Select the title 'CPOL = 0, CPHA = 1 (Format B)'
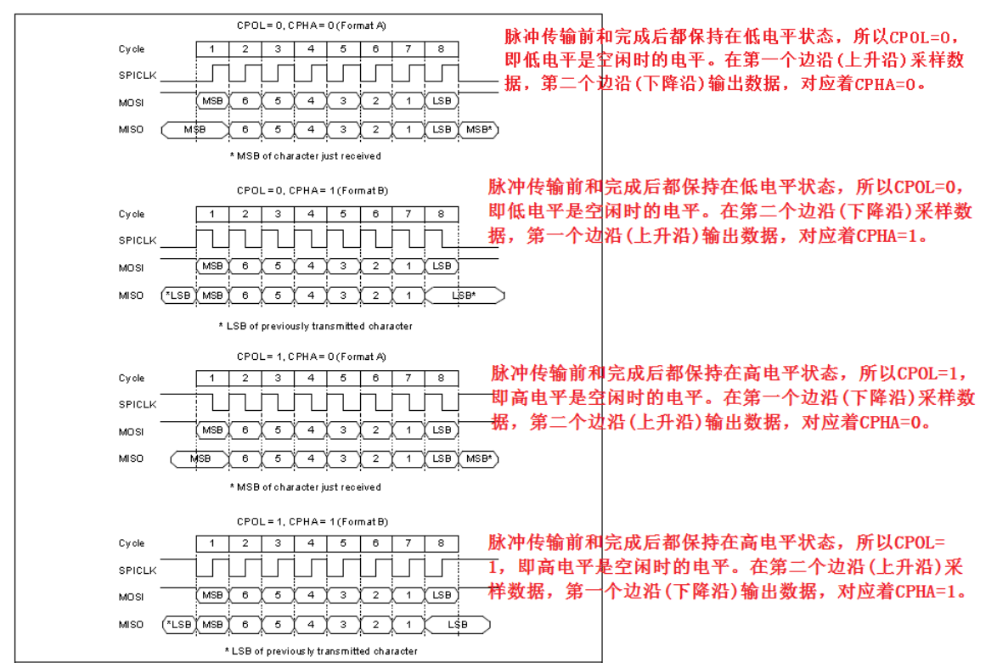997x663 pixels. point(313,190)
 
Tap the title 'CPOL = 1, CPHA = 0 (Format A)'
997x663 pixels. point(312,357)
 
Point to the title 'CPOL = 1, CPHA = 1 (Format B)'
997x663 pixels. point(313,521)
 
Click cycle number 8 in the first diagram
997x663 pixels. point(442,49)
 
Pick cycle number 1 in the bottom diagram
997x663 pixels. point(212,543)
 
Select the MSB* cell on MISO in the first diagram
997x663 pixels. point(479,129)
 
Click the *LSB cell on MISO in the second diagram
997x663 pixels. point(178,295)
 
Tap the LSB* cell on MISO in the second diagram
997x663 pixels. point(464,295)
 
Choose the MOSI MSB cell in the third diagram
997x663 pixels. point(212,430)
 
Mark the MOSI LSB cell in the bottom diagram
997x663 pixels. point(442,595)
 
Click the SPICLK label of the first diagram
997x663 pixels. point(138,76)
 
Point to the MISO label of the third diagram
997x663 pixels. point(132,459)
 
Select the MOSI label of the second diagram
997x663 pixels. point(132,267)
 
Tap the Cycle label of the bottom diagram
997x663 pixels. point(132,543)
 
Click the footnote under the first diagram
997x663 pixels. point(306,156)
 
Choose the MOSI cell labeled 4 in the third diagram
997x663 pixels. point(311,430)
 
